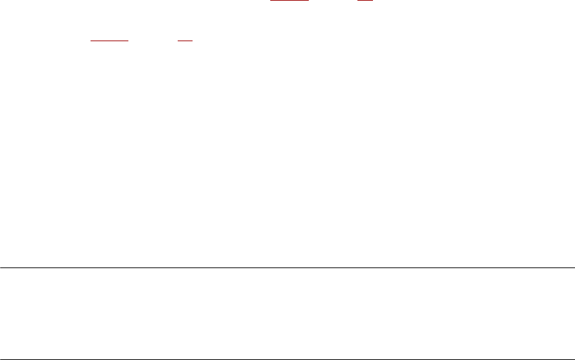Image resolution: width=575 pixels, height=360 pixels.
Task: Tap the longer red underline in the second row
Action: pyautogui.click(x=109, y=41)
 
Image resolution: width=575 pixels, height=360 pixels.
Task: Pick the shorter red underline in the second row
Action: pyautogui.click(x=185, y=41)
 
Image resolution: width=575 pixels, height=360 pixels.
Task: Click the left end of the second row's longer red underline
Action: pyautogui.click(x=91, y=41)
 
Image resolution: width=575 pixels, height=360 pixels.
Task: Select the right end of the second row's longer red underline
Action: pyautogui.click(x=128, y=41)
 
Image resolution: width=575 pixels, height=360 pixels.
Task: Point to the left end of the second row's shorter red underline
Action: pyautogui.click(x=178, y=41)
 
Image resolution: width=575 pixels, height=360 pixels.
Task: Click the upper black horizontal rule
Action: pyautogui.click(x=287, y=267)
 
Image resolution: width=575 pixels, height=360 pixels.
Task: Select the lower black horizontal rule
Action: pyautogui.click(x=287, y=359)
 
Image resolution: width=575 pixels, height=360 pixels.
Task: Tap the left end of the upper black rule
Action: pyautogui.click(x=1, y=267)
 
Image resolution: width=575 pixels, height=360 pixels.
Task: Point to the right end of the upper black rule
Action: pyautogui.click(x=574, y=267)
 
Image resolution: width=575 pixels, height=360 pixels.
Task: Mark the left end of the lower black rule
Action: pyautogui.click(x=1, y=359)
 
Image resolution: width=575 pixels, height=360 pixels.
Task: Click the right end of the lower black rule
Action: pyautogui.click(x=574, y=359)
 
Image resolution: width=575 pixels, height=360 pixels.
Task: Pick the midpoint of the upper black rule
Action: pyautogui.click(x=287, y=267)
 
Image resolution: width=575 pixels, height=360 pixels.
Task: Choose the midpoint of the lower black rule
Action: pyautogui.click(x=287, y=359)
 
